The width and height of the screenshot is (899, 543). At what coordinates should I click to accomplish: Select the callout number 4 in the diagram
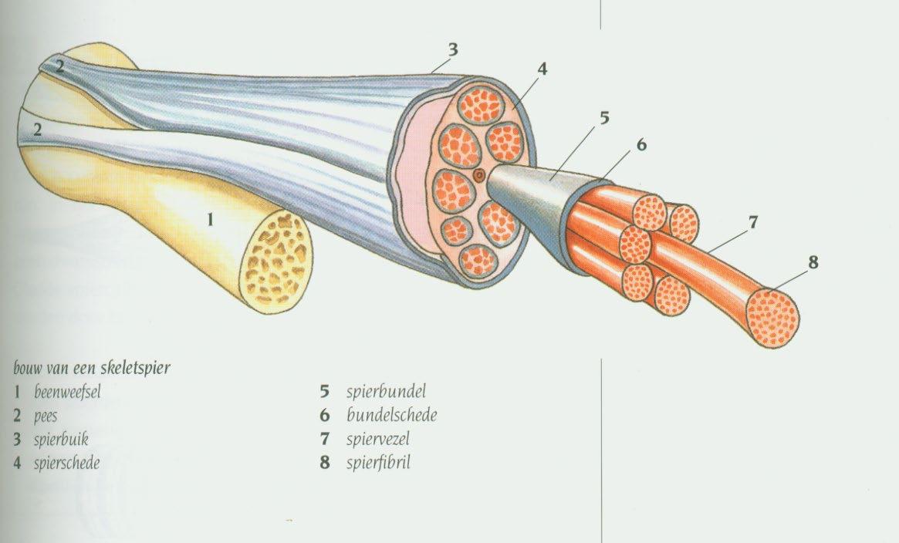(542, 69)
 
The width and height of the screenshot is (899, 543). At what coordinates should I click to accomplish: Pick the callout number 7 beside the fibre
(752, 223)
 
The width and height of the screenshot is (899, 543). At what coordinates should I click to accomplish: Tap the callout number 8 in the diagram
(813, 261)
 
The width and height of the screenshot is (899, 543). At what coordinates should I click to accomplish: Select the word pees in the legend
(46, 416)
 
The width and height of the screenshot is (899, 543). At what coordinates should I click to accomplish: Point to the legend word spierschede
(66, 464)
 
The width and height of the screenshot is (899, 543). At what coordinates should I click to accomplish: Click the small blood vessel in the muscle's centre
(480, 176)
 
